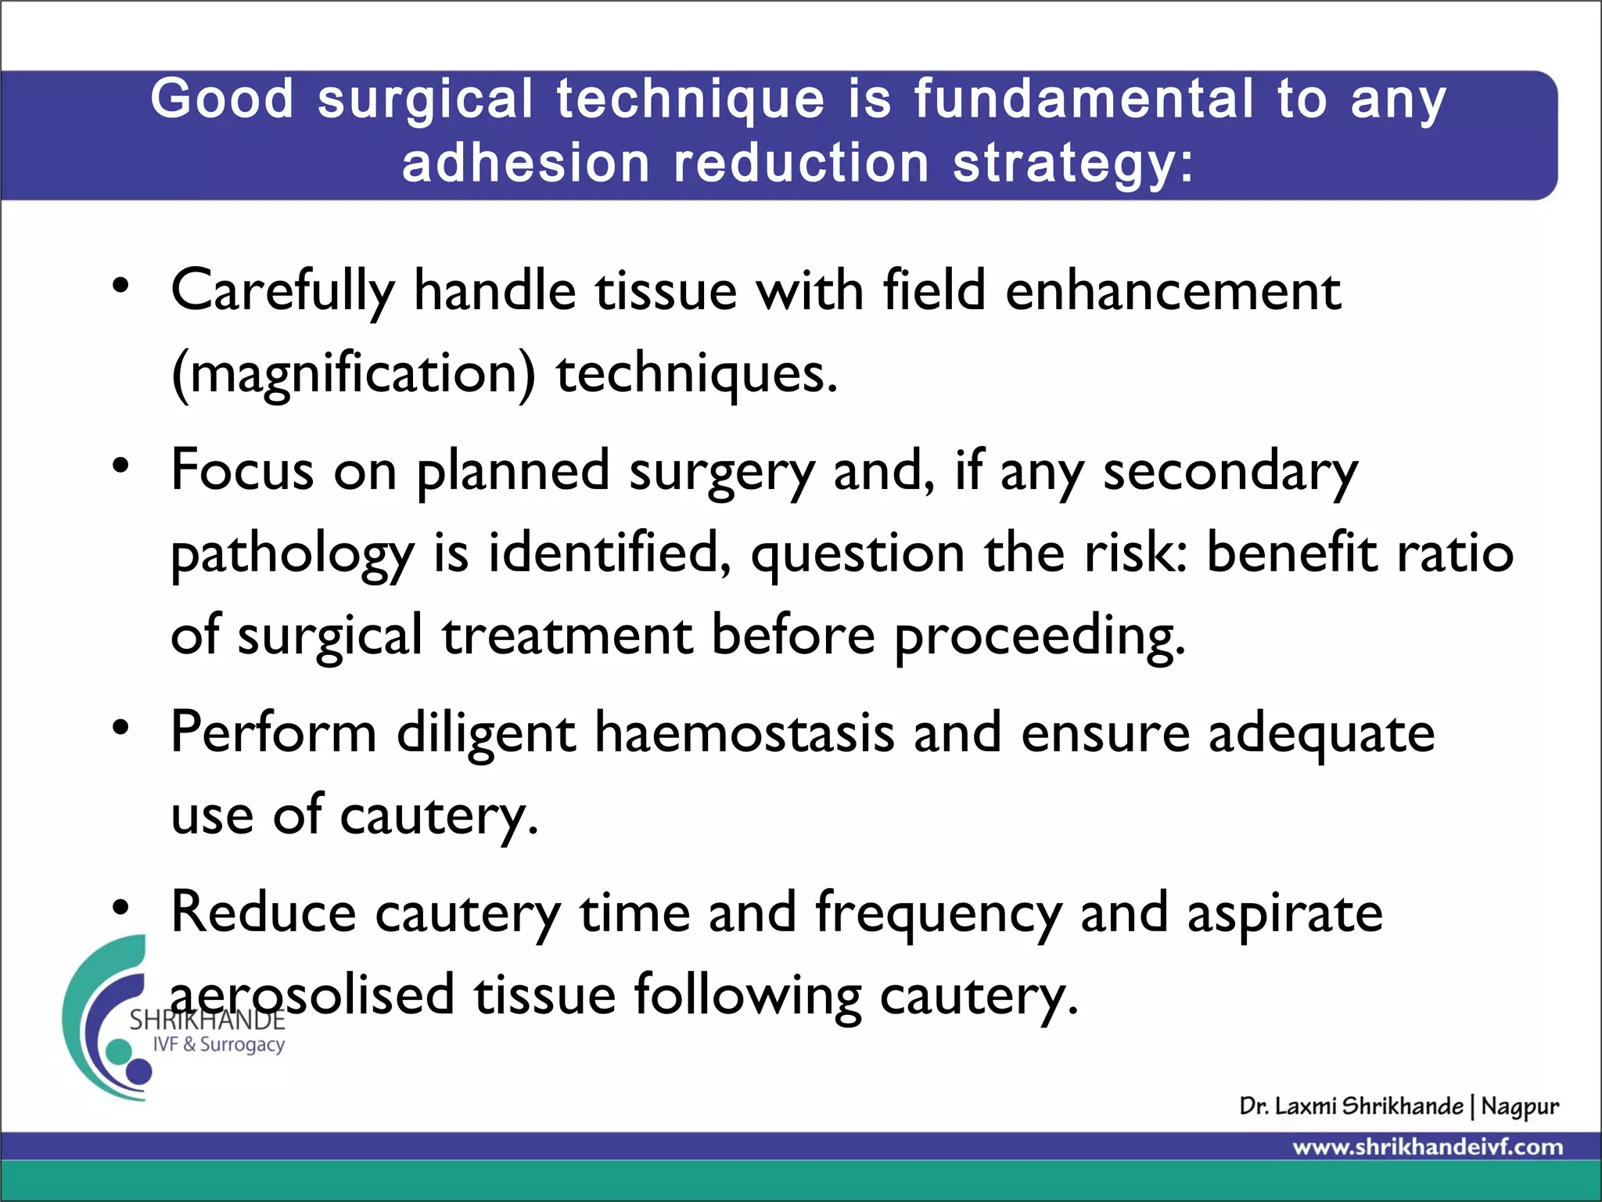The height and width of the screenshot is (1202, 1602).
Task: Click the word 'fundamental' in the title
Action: click(1083, 99)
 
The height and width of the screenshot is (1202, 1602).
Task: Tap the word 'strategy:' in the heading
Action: click(1073, 164)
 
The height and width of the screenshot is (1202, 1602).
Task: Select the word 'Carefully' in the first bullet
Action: click(282, 291)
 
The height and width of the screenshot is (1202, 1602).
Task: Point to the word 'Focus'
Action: click(242, 471)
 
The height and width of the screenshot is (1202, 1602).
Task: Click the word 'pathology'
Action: click(292, 554)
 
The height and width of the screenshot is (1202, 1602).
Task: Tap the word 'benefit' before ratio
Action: click(1291, 552)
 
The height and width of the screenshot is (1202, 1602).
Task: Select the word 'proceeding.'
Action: click(1040, 635)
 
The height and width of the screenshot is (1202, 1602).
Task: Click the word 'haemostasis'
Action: click(744, 733)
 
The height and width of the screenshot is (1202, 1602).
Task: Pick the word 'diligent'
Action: click(486, 733)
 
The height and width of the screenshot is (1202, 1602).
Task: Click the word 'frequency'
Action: click(938, 913)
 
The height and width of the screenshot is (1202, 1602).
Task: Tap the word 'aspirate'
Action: click(1284, 913)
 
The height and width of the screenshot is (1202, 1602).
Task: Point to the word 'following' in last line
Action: click(747, 995)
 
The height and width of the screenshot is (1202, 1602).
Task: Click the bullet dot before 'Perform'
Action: click(120, 728)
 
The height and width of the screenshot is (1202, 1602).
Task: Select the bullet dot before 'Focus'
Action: click(120, 466)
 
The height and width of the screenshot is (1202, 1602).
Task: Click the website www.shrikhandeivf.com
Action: click(1428, 1147)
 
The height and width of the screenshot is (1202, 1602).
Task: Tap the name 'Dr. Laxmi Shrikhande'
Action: click(1351, 1106)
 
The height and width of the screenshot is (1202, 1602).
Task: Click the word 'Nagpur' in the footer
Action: click(1519, 1107)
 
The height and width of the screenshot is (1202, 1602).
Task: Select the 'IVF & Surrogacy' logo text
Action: click(218, 1045)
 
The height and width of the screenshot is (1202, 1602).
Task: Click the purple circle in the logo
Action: click(139, 1071)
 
